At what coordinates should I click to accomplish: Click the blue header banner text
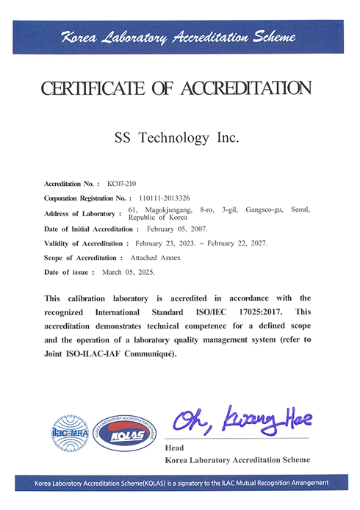(179, 37)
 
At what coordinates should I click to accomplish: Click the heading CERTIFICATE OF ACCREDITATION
(176, 89)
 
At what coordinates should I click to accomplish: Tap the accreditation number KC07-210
(122, 182)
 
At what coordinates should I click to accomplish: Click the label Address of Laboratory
(83, 213)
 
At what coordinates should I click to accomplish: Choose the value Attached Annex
(154, 258)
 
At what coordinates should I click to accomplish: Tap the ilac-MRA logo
(67, 431)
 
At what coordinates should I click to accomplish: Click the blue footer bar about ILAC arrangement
(179, 483)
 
